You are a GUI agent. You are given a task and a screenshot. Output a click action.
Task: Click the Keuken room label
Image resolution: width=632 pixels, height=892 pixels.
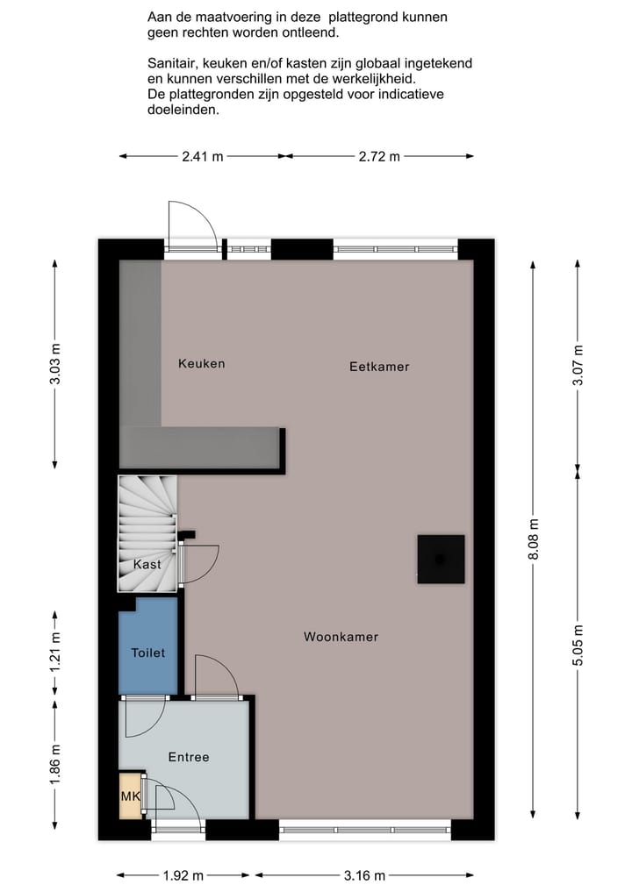coord(201,363)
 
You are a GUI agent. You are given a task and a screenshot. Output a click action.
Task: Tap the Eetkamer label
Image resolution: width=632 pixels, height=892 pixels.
coord(379,367)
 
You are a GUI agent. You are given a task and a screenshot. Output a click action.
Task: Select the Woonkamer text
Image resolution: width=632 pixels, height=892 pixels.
coord(341,637)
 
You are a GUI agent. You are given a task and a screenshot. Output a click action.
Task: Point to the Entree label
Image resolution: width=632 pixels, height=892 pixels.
coord(189,757)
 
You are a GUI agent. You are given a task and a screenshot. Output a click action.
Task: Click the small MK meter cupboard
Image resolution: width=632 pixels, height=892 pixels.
coord(129,796)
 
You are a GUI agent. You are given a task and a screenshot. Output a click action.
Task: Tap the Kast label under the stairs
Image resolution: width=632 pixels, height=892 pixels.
coord(147,565)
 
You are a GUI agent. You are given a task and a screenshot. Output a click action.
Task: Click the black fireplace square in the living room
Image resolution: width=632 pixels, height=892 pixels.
coord(440,559)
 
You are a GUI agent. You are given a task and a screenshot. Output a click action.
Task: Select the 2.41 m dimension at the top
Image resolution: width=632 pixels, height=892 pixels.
coord(203,156)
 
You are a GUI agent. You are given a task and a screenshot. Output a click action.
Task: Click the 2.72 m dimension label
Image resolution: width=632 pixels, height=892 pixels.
coord(379,156)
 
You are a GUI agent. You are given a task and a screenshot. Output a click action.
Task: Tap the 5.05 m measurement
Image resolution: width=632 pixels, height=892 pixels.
coord(577,646)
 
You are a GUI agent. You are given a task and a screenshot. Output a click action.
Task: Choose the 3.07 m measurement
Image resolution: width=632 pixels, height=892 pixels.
coord(577,364)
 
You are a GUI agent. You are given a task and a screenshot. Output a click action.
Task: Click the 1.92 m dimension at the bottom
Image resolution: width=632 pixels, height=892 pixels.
coord(183,874)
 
